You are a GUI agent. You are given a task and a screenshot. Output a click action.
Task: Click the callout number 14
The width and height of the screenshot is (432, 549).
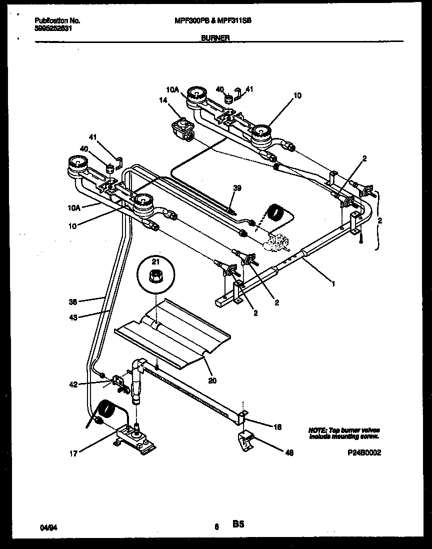point(162,100)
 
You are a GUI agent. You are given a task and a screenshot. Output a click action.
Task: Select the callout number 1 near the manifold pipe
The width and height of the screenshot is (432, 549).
point(333,283)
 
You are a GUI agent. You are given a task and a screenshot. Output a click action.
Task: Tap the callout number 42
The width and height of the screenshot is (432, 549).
point(72,384)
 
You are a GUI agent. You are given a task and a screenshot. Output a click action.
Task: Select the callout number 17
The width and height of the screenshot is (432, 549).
point(72,454)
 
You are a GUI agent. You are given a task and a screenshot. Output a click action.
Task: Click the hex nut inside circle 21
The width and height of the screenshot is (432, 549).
point(155,274)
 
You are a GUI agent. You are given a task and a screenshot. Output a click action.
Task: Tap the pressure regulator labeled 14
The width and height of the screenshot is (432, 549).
point(182,128)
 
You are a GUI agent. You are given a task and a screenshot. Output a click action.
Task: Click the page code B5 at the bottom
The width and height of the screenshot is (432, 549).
point(237,524)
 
